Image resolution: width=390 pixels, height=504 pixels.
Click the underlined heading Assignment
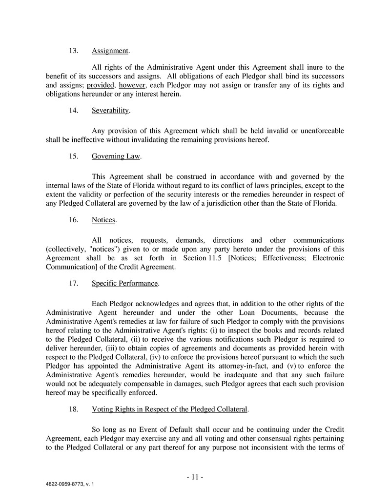(110, 51)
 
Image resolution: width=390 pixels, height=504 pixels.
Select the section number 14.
(74, 111)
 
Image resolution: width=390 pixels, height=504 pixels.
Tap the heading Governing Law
(116, 156)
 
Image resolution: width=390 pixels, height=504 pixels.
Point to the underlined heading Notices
(103, 220)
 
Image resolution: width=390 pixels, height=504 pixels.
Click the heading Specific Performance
(124, 283)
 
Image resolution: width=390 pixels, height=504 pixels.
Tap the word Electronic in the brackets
(328, 258)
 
